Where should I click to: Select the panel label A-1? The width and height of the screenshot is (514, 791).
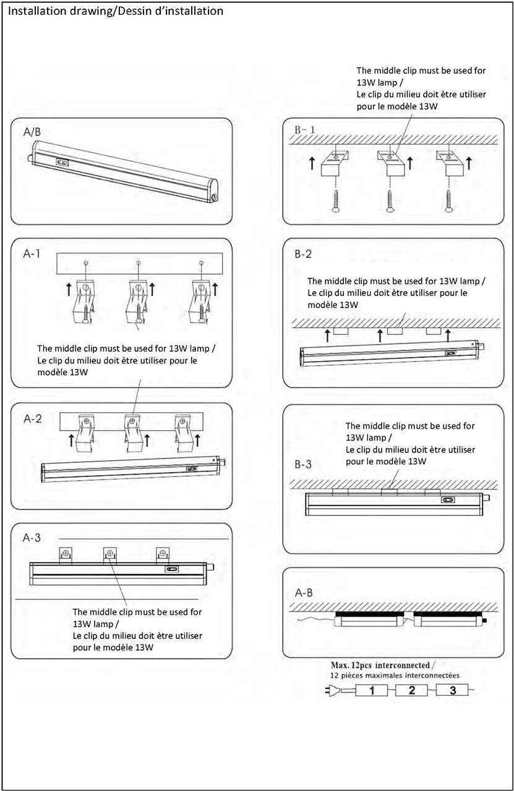30,254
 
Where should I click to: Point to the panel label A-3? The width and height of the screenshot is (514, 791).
32,538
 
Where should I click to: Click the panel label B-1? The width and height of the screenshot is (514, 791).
305,130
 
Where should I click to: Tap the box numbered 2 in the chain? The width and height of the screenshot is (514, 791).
412,690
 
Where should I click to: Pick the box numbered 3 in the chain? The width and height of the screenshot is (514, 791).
453,690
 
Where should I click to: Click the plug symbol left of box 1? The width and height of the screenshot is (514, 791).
333,690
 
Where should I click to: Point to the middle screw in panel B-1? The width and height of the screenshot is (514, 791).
390,201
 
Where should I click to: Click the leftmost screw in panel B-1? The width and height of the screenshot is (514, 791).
335,201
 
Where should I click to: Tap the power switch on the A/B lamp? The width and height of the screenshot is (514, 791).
62,163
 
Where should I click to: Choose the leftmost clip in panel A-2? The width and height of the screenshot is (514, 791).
85,430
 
